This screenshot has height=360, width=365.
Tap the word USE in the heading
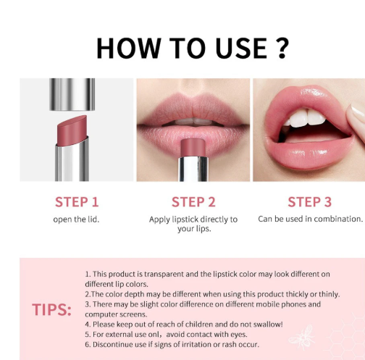(241, 48)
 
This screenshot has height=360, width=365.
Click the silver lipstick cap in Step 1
(72, 94)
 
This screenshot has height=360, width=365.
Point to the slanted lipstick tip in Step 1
(72, 130)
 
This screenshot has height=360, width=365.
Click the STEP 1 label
(77, 202)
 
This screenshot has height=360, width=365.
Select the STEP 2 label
(193, 202)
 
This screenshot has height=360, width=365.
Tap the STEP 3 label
(310, 202)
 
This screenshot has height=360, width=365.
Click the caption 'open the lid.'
(76, 219)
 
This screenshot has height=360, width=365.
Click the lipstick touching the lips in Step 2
(193, 159)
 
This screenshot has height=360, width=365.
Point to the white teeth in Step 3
(305, 118)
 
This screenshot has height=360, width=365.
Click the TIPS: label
(51, 309)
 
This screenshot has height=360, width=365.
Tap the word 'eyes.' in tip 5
(239, 335)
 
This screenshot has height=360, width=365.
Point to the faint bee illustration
(302, 337)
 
